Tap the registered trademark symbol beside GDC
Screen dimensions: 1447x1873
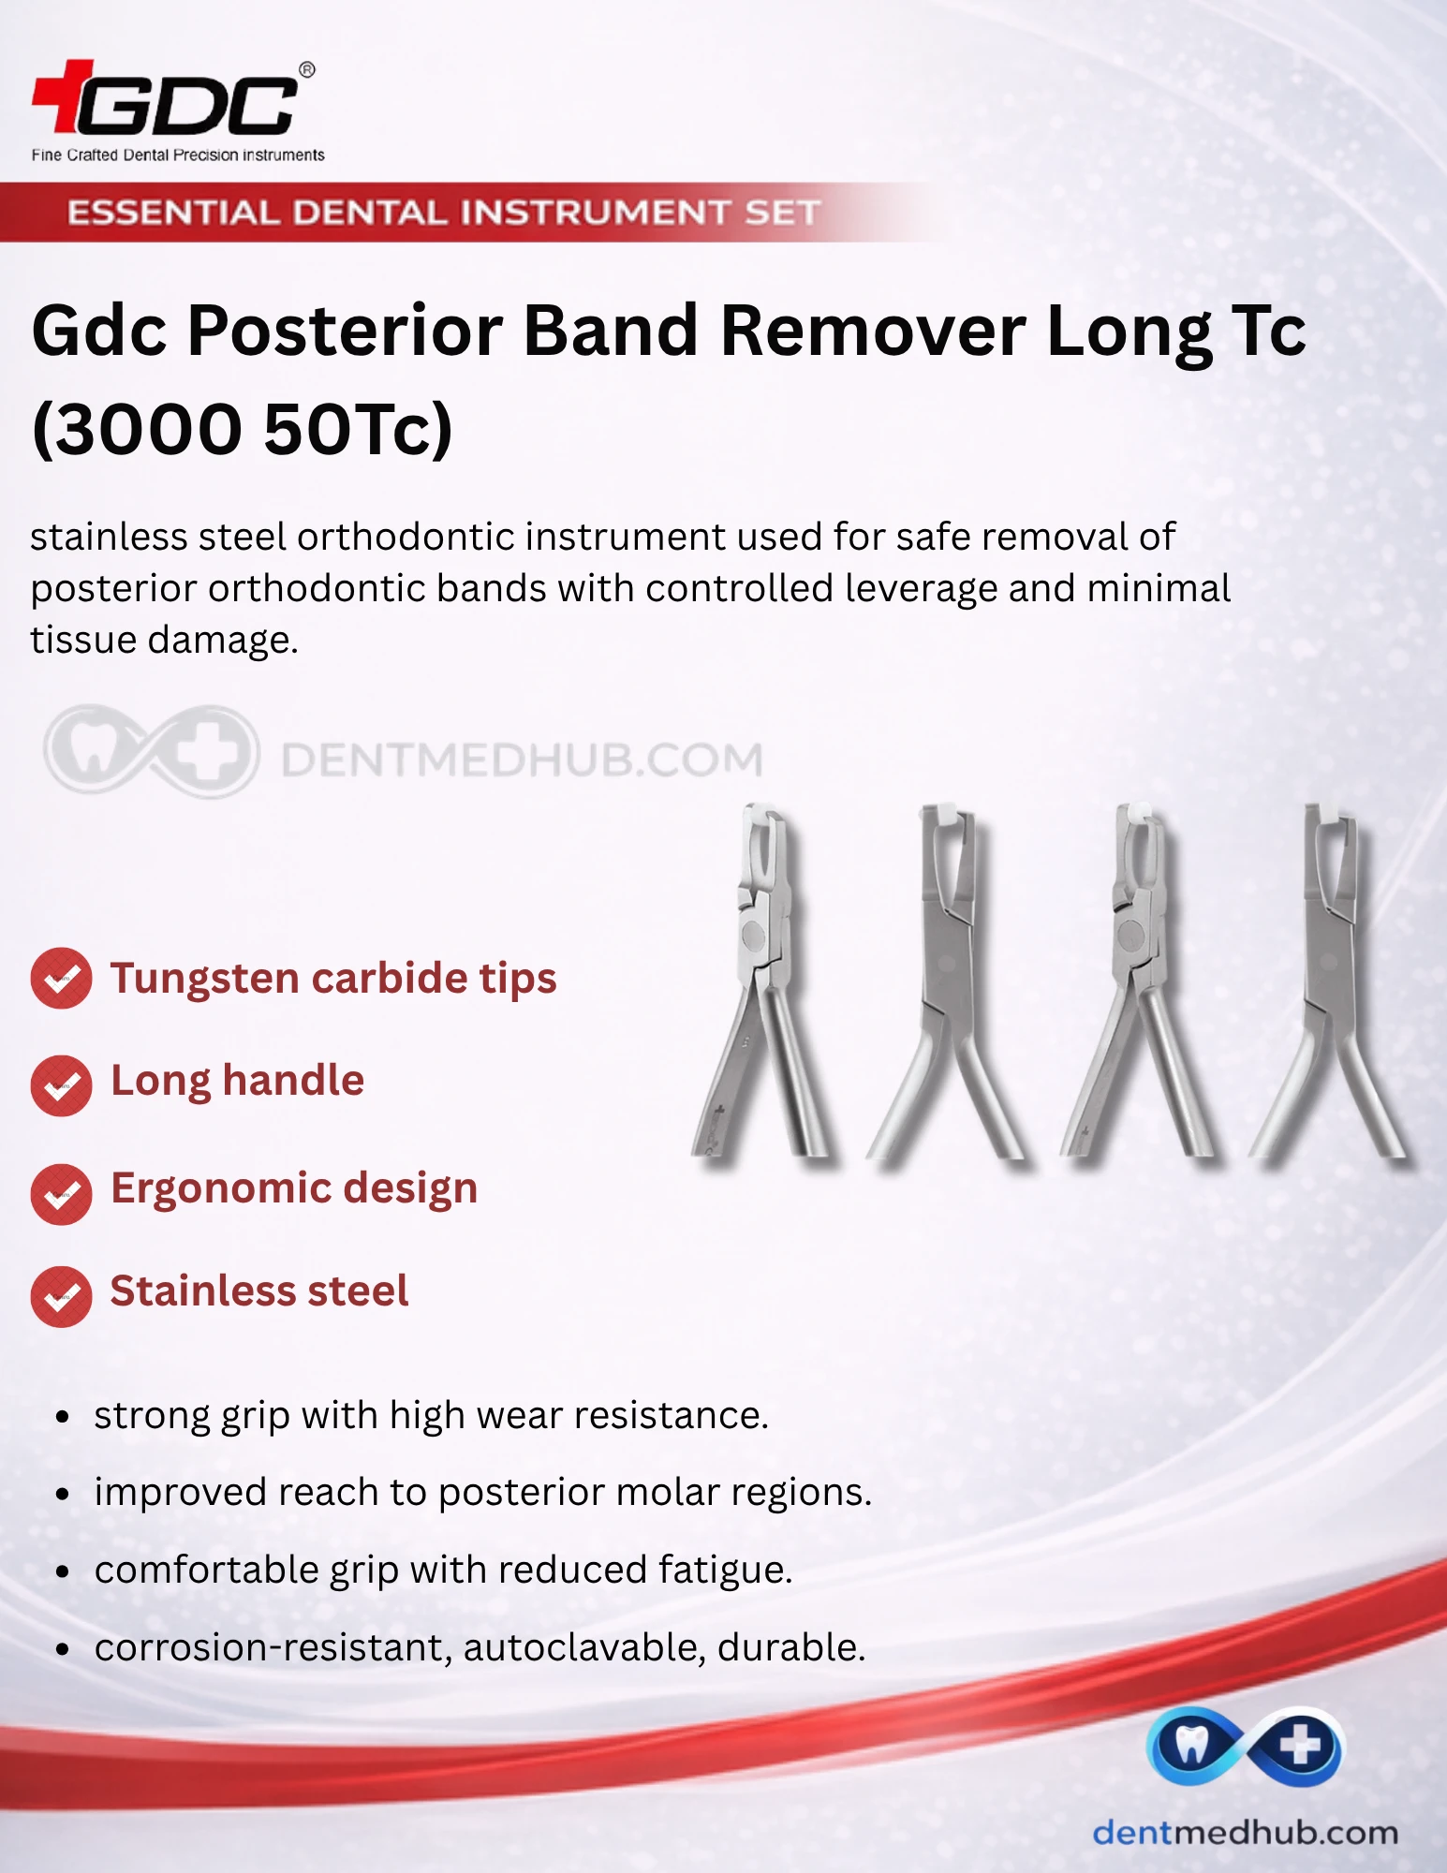coord(306,70)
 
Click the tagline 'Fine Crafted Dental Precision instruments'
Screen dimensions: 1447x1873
coord(178,155)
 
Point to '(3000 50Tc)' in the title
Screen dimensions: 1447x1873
coord(243,429)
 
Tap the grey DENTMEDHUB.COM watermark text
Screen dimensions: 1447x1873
coord(522,760)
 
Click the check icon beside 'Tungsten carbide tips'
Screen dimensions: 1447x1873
coord(61,979)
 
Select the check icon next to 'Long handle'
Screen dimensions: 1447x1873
coord(61,1085)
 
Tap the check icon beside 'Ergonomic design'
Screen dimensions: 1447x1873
coord(61,1194)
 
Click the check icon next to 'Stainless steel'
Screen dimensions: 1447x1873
coord(61,1296)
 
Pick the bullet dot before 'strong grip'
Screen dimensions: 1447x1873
coord(63,1417)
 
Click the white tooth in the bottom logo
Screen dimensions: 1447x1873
coord(1191,1746)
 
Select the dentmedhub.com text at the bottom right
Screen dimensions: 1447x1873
coord(1246,1833)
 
